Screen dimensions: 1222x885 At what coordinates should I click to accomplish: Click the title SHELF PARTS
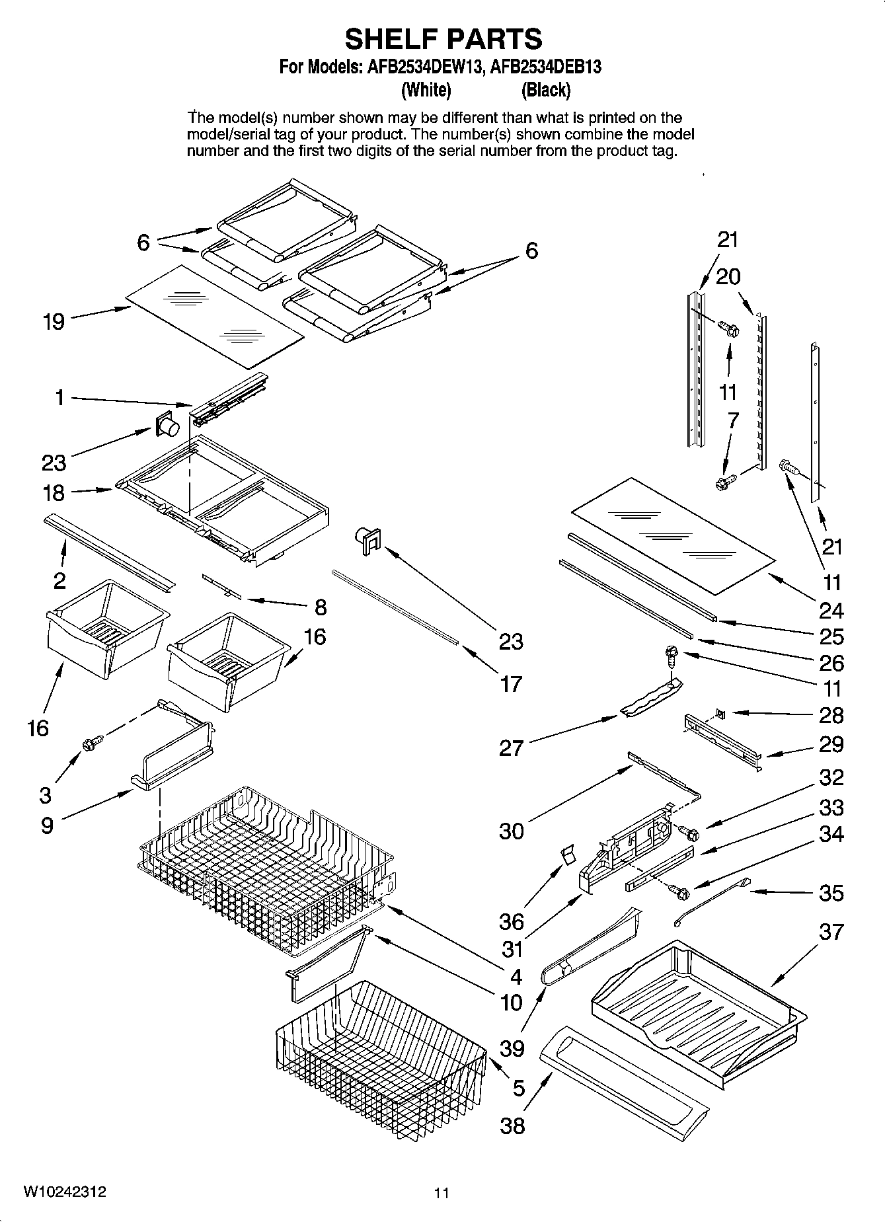[x=443, y=39]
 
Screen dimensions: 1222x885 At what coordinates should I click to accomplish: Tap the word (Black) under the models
[x=545, y=89]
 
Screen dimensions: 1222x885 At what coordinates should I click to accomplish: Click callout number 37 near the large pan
[x=831, y=932]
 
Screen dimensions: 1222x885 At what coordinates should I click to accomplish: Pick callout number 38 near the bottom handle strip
[x=512, y=1125]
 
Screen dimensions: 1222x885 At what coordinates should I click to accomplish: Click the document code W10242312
[x=64, y=1192]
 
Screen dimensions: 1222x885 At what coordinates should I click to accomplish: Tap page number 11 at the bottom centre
[x=442, y=1193]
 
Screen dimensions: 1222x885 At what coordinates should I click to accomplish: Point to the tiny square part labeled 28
[x=720, y=714]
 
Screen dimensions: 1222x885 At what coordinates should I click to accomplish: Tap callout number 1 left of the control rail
[x=59, y=398]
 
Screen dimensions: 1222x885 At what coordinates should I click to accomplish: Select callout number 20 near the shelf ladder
[x=728, y=276]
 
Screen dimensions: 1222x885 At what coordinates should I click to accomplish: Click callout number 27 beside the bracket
[x=511, y=748]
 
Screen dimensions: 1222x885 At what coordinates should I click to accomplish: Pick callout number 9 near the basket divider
[x=47, y=825]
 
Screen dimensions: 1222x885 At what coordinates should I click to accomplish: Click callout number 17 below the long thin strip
[x=511, y=683]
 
